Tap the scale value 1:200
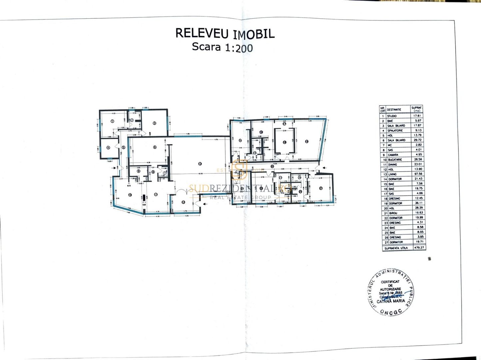click(239, 48)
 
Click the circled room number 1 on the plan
click(112, 121)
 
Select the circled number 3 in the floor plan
click(154, 123)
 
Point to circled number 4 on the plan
click(108, 148)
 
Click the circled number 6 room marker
click(155, 147)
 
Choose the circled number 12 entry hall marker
click(183, 202)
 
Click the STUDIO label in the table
click(392, 116)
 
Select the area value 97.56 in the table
click(417, 174)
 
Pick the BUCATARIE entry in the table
click(395, 160)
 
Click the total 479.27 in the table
click(417, 248)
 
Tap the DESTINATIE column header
click(394, 110)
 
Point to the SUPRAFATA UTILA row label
click(396, 248)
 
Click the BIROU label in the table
click(393, 213)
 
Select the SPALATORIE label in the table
click(395, 131)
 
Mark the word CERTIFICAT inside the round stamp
click(390, 282)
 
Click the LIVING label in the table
click(392, 174)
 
